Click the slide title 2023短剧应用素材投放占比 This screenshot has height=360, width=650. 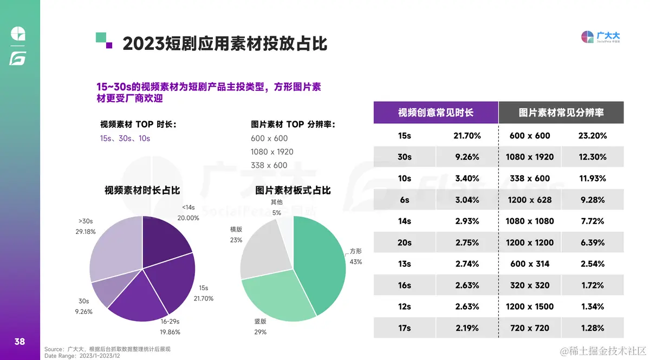(225, 43)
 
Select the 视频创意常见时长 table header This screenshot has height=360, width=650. (435, 113)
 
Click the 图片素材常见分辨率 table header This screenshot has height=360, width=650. (561, 113)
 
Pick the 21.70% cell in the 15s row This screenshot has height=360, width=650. (467, 136)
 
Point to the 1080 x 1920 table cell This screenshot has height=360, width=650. (530, 157)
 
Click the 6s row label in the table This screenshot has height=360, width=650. (405, 200)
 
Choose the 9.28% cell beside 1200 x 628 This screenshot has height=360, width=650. (592, 200)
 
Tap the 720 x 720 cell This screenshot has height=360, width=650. (530, 328)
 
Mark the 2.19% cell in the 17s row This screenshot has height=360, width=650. (467, 328)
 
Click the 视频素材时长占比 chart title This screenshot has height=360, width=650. (142, 191)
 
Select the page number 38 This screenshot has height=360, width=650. (19, 342)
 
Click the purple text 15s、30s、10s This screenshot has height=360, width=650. (125, 139)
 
